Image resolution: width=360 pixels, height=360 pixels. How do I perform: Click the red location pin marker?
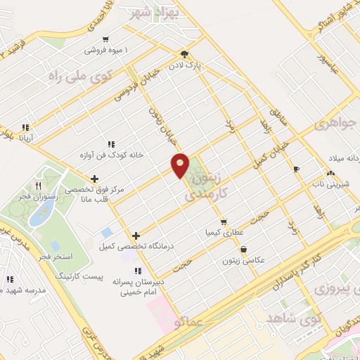[181, 165]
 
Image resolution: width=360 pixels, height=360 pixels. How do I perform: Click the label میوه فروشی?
[103, 51]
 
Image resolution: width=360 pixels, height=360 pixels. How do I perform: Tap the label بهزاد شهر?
[157, 12]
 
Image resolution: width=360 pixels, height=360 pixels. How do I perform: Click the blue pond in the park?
[36, 216]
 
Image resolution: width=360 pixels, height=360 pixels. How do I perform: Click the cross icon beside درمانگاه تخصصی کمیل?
[135, 236]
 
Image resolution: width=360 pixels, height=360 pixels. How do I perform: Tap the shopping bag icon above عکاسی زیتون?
[243, 249]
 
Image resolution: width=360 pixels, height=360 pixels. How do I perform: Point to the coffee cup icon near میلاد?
[295, 169]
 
